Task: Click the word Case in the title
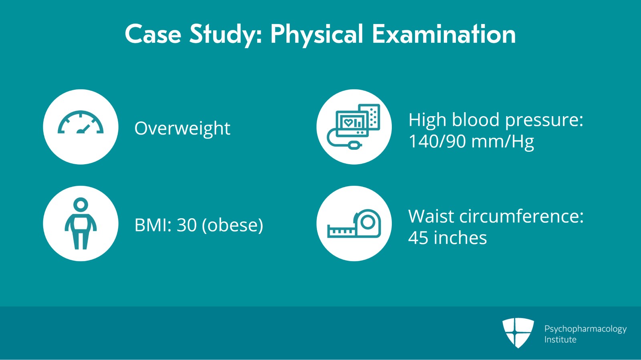(153, 34)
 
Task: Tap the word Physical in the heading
(316, 35)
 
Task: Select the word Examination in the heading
(443, 34)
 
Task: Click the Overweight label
(182, 129)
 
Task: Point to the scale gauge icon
(81, 123)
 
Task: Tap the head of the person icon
(81, 204)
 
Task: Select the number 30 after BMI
(187, 225)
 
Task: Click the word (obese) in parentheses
(232, 225)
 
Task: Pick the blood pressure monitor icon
(354, 127)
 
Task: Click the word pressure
(544, 120)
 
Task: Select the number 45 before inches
(418, 238)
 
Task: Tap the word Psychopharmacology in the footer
(585, 329)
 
